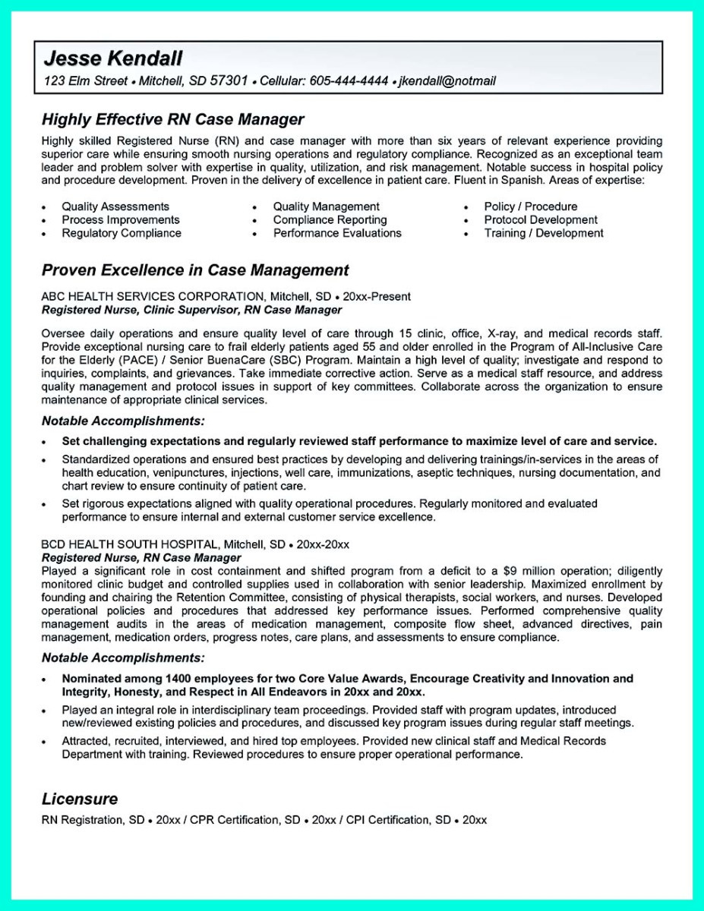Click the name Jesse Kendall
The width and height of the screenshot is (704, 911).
point(113,58)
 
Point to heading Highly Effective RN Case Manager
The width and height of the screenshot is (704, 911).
point(172,119)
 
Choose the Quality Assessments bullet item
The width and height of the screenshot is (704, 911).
point(115,206)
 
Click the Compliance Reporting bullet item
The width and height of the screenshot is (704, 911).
point(330,220)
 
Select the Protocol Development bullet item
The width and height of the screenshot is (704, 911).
point(541,220)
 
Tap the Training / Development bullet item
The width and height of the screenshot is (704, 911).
point(544,234)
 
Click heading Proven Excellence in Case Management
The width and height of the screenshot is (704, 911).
point(195,270)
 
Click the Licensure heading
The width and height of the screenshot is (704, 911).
point(80,799)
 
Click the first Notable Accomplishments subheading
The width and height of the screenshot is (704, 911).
point(122,420)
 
